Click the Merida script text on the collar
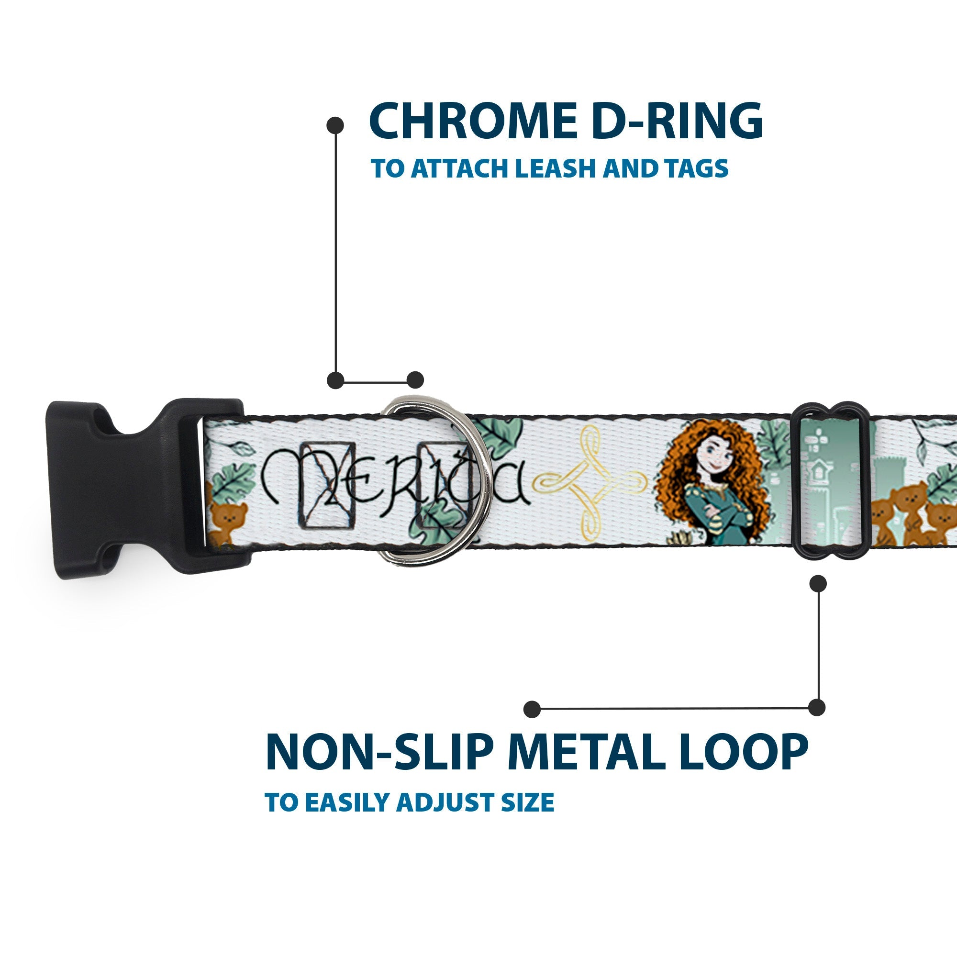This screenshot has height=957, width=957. pos(391,483)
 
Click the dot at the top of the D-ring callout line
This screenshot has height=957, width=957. pos(335,125)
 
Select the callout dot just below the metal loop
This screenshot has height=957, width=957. pos(818,583)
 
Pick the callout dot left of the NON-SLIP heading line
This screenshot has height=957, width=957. pos(532,709)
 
